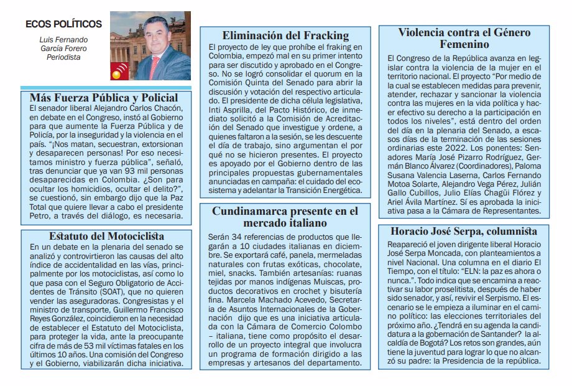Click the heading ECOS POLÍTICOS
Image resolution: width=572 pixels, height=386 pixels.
63,24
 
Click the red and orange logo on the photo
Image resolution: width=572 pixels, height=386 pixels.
118,73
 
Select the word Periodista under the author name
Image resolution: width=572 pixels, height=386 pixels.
64,57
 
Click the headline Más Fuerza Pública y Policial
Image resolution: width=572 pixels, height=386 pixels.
104,98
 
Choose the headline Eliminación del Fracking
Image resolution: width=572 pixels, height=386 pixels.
285,35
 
